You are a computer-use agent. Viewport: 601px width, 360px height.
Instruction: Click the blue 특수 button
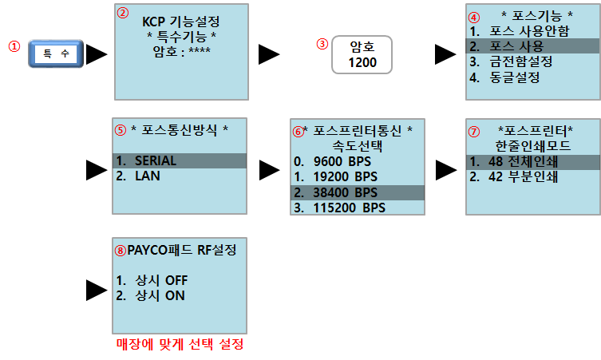[x=55, y=54]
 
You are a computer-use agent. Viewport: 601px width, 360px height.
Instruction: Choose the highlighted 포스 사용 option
[x=518, y=47]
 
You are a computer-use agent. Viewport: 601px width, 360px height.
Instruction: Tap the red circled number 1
[x=14, y=46]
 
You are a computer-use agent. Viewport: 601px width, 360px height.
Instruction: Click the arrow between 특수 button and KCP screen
[x=97, y=53]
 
